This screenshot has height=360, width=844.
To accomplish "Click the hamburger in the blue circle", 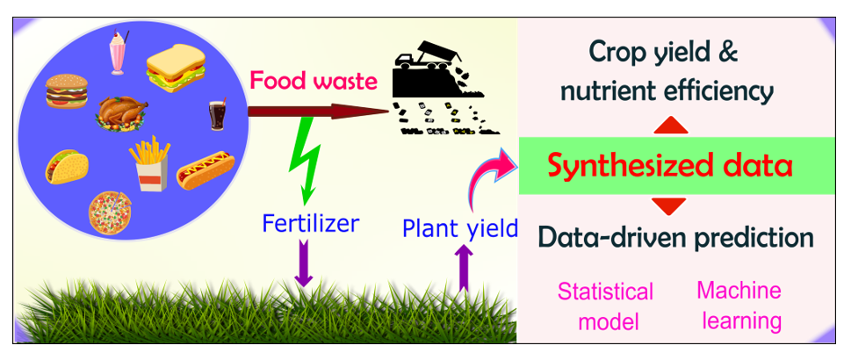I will pos(67,91).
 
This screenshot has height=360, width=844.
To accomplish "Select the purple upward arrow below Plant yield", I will pos(462,268).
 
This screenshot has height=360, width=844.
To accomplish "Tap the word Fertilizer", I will pos(311,223).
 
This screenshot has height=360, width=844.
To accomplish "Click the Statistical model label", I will pos(605,306).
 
